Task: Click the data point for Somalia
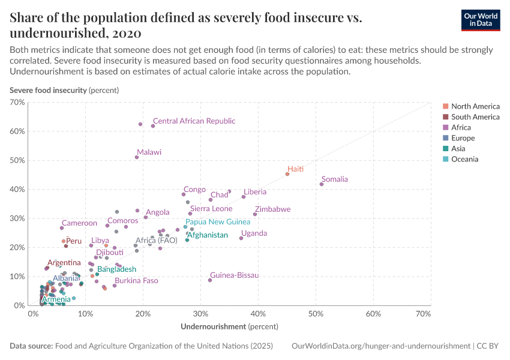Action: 322,184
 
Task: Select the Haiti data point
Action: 287,174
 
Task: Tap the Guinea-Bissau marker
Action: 210,280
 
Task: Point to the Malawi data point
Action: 137,157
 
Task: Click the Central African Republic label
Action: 194,121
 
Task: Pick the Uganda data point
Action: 241,238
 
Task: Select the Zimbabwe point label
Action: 272,209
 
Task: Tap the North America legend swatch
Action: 445,106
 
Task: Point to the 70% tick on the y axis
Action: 17,103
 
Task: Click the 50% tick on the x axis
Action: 316,314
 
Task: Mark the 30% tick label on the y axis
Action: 17,218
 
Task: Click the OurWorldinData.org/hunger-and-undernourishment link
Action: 380,346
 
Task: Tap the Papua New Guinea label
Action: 218,222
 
